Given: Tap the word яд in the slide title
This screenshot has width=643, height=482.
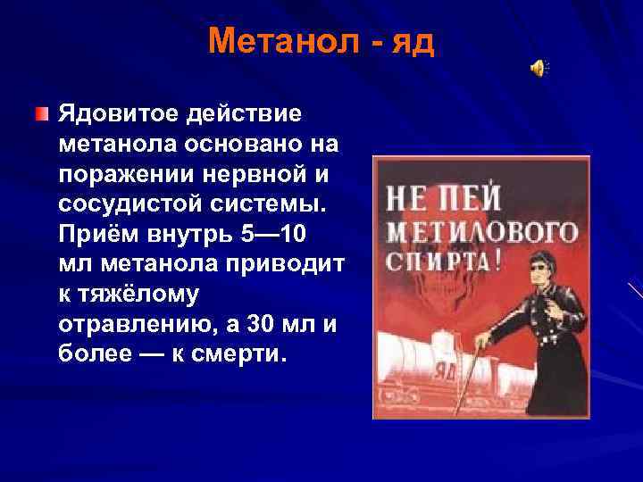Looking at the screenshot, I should [413, 43].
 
